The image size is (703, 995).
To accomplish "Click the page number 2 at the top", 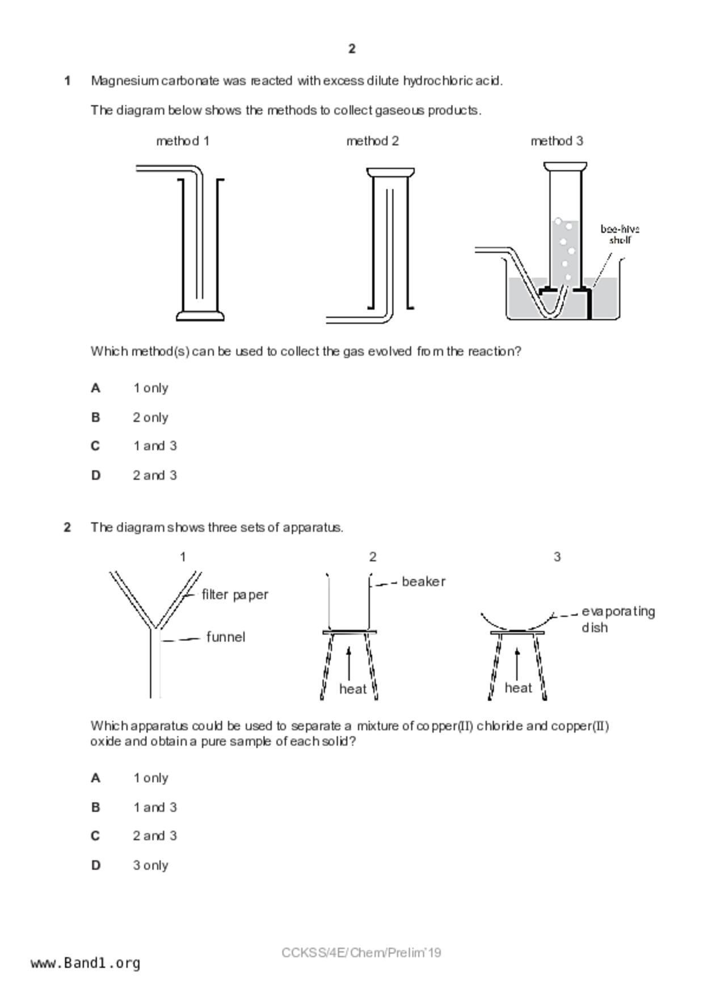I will click(x=352, y=49).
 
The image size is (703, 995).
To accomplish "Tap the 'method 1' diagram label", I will click(x=183, y=141).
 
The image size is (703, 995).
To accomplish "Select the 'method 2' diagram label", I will click(x=372, y=141).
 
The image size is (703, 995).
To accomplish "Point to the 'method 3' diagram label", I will click(x=557, y=141).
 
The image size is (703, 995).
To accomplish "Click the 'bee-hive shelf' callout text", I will click(x=620, y=234).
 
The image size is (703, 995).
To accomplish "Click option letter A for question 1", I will click(x=95, y=388).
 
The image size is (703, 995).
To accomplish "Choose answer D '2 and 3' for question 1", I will click(x=154, y=475).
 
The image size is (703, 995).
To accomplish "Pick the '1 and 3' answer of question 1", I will click(x=154, y=446).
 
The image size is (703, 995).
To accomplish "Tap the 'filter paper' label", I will click(x=235, y=595).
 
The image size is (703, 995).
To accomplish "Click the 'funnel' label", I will click(x=225, y=637).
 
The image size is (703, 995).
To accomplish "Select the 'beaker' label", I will click(x=423, y=581).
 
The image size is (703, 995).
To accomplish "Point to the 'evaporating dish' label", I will click(x=617, y=619).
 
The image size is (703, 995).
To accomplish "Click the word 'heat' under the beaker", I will click(x=352, y=689).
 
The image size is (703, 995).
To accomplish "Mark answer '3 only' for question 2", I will click(x=150, y=865).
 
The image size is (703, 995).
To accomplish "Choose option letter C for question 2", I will click(x=95, y=836).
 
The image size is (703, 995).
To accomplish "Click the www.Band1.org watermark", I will click(x=85, y=963).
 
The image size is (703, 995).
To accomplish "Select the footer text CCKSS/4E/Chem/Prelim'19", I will click(x=361, y=953).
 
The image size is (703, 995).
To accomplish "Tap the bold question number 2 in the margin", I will click(x=68, y=528).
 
